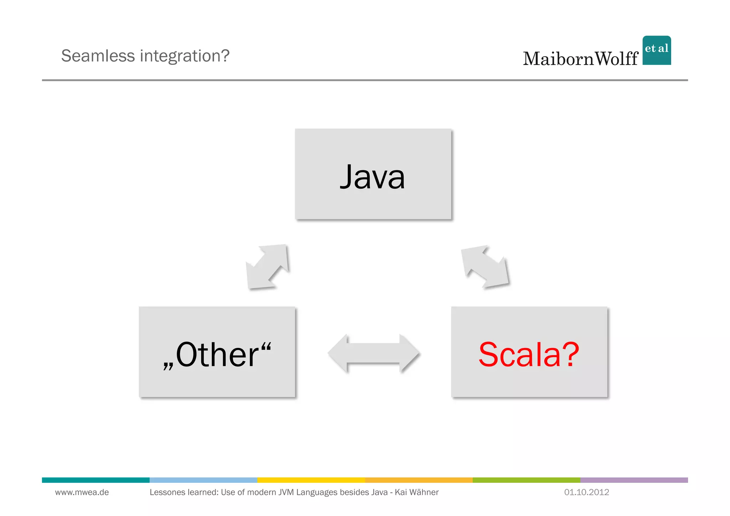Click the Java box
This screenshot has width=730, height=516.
373,174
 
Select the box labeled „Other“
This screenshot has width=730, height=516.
217,352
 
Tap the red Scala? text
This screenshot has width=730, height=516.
529,354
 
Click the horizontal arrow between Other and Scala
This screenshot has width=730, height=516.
373,353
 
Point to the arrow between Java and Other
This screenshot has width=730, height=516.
267,266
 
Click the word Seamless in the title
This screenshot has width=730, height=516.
98,56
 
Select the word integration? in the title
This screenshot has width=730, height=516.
185,56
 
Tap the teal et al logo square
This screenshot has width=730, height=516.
657,50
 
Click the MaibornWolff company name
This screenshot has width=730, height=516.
580,59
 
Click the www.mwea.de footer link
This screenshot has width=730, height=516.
82,492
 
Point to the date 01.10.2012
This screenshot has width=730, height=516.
586,492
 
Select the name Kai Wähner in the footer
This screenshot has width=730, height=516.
417,492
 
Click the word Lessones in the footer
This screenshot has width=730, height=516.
166,492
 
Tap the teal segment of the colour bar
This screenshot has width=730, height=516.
96,480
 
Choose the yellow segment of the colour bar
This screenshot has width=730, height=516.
311,480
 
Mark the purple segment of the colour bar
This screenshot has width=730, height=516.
634,480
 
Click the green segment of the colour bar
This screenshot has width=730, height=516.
526,480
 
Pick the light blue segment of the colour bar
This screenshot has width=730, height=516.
203,480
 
